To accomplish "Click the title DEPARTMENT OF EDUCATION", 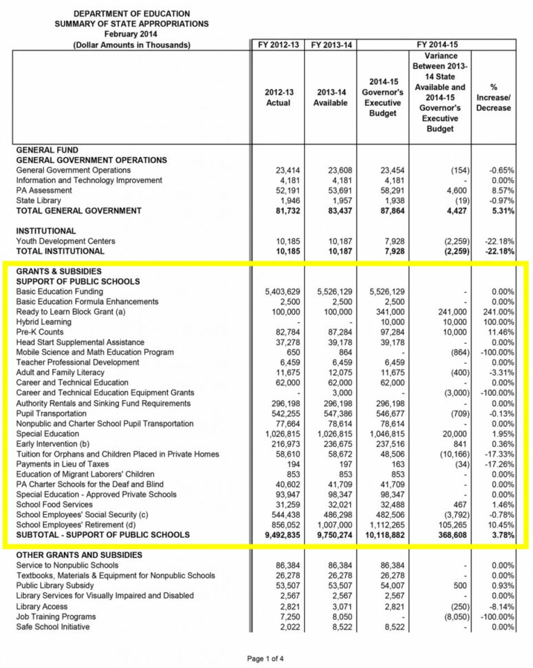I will tap(122, 13).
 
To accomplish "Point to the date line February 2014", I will tap(122, 34).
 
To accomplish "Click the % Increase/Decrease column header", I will tap(493, 97).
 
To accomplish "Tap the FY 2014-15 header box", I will tap(437, 45).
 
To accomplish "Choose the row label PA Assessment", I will tap(43, 190).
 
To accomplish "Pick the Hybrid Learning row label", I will tap(43, 322).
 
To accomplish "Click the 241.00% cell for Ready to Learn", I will tap(499, 312).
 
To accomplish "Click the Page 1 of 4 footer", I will tap(265, 658).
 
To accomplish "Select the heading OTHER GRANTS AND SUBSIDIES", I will tap(79, 554).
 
